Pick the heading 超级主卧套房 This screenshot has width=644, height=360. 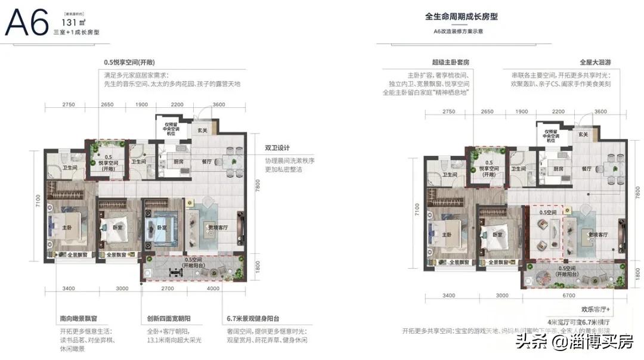pos(453,61)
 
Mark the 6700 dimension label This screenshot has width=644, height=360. pos(575,294)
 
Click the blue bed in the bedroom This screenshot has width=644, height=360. pos(161,228)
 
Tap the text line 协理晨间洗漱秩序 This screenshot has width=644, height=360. pos(290,161)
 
